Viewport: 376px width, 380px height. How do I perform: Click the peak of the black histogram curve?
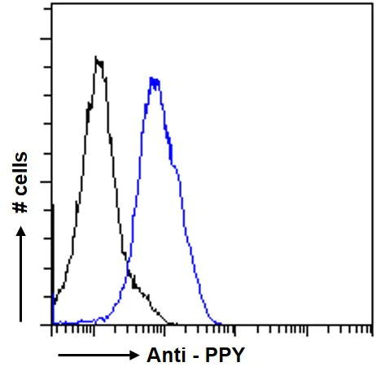coord(98,58)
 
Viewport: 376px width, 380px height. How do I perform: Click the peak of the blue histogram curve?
coord(153,78)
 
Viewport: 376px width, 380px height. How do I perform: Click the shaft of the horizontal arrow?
coord(90,356)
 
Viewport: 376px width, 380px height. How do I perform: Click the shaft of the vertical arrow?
coord(21,277)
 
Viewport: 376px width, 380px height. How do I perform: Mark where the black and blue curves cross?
coord(128,273)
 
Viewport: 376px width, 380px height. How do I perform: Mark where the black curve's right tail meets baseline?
coord(172,323)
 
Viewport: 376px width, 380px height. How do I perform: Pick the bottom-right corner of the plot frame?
coord(371,325)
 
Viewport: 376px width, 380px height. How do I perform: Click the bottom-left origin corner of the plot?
coord(51,325)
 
